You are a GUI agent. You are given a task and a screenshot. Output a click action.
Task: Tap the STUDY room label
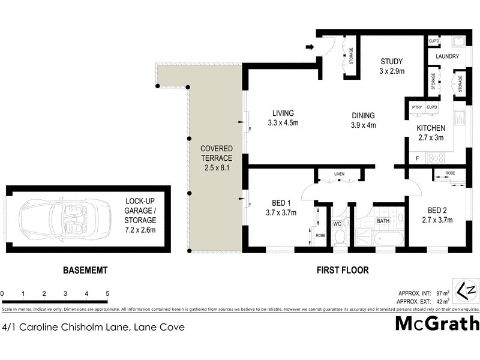[x=392, y=61]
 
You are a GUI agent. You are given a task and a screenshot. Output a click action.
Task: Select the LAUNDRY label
[x=447, y=57]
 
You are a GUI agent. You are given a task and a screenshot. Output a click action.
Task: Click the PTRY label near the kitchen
[x=416, y=107]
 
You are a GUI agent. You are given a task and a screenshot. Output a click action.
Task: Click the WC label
[x=338, y=224]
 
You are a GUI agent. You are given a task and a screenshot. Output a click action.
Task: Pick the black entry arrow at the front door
[x=310, y=47]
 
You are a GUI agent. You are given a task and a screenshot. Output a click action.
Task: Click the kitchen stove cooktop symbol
[x=436, y=158]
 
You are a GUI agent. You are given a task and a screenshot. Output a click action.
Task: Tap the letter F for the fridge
[x=416, y=158]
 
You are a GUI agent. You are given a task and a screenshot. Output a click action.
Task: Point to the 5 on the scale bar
[x=107, y=293]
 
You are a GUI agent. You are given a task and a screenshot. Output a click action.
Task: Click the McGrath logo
[x=437, y=324]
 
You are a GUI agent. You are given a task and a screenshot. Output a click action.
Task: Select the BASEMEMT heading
[x=85, y=271]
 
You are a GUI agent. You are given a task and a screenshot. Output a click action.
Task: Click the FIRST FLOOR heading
[x=343, y=271]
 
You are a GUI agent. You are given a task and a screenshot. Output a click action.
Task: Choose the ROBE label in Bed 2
[x=450, y=173]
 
